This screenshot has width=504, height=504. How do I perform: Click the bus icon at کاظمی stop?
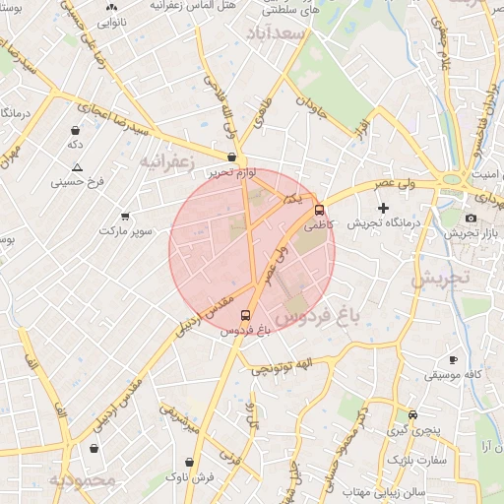coord(319,210)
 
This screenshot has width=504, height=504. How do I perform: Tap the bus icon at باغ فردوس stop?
coord(245,316)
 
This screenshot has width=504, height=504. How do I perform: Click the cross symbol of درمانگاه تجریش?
coord(383,209)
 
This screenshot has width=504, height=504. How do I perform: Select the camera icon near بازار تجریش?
coord(471,218)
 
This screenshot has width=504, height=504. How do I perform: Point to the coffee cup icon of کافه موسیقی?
coord(453,360)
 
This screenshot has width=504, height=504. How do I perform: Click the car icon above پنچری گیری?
coord(412,414)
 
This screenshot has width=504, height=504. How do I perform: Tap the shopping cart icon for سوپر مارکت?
coord(125,216)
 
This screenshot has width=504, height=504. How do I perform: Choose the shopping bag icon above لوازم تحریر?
coord(231,157)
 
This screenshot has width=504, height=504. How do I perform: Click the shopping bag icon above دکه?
coord(75,130)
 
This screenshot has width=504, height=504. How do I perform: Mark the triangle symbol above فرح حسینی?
coord(77,167)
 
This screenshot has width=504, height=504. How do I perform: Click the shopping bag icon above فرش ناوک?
coord(189,461)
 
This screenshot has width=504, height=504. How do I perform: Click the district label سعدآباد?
coord(309,34)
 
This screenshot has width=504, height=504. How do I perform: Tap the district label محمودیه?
coord(83,480)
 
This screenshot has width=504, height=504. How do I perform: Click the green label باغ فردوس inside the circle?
coord(319,318)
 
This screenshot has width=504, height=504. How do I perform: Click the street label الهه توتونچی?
coord(281,368)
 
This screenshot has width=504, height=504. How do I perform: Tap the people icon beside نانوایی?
coord(111,8)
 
